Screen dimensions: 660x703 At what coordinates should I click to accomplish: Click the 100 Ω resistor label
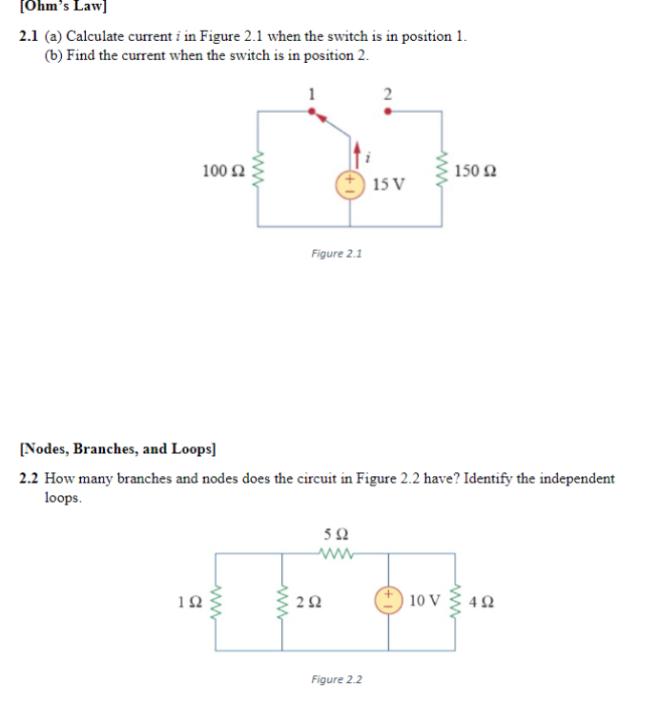[x=222, y=171]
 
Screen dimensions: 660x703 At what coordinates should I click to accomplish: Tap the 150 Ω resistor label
[x=475, y=172]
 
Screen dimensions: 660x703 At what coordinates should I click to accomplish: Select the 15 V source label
[x=388, y=183]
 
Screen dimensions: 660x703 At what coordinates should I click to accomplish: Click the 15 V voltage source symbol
[x=350, y=182]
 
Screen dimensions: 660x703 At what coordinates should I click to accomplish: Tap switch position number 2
[x=387, y=93]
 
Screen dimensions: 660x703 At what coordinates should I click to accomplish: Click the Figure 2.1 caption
[x=337, y=254]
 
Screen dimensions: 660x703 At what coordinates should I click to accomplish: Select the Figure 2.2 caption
[x=337, y=679]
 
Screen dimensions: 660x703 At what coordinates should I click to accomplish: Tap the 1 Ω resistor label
[x=189, y=602]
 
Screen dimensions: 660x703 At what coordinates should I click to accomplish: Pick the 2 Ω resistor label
[x=309, y=602]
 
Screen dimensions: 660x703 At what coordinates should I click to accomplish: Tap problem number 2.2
[x=30, y=479]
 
